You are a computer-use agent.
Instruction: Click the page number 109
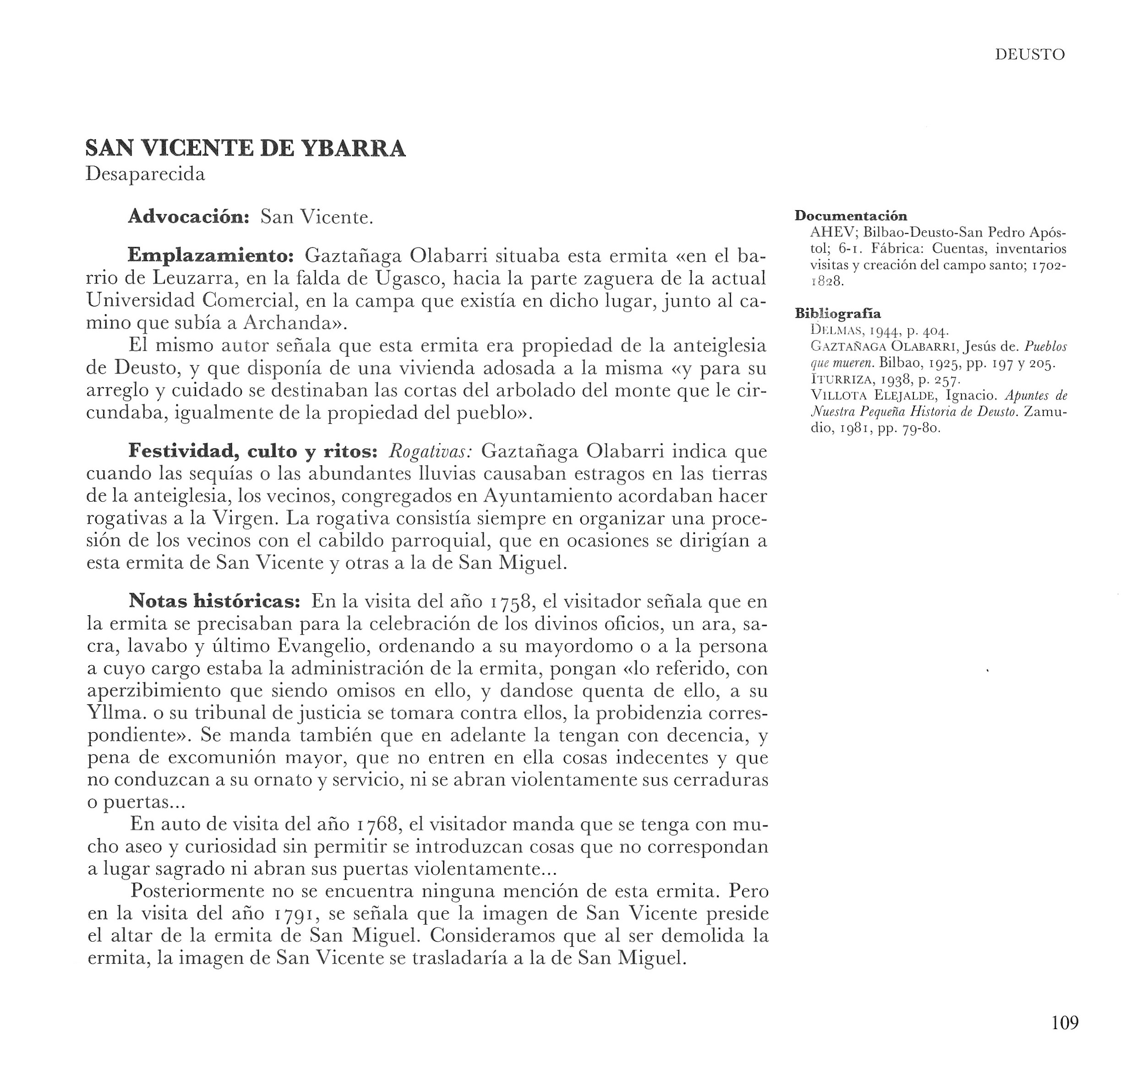(x=1064, y=1022)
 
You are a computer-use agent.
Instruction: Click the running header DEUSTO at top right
(x=1030, y=54)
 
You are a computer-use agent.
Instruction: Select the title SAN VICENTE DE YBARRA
(x=245, y=148)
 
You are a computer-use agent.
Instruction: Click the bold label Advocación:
(x=188, y=217)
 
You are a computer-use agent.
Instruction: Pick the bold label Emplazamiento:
(x=211, y=255)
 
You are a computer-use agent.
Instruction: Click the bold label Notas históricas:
(x=214, y=601)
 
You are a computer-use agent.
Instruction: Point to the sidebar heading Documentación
(x=851, y=216)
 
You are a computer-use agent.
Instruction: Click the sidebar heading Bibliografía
(x=837, y=314)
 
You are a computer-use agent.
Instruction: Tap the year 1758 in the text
(x=512, y=602)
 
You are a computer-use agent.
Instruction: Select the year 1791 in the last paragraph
(x=296, y=914)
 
